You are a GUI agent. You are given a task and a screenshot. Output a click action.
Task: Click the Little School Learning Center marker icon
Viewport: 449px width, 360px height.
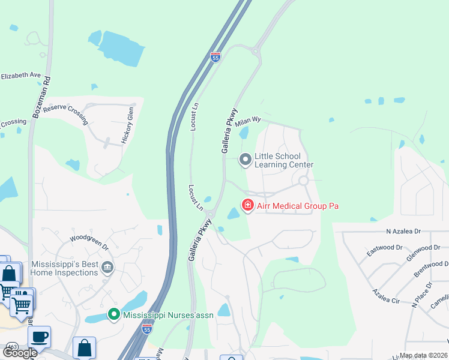point(246,160)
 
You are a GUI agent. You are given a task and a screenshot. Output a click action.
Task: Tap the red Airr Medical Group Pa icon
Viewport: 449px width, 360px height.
point(247,206)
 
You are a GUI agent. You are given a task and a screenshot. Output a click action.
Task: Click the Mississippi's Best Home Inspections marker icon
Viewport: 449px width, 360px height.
point(107,267)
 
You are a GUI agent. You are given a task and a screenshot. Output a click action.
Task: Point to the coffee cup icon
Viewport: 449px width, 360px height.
point(40,337)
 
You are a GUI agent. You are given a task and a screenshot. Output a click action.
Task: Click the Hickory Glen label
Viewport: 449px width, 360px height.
point(126,125)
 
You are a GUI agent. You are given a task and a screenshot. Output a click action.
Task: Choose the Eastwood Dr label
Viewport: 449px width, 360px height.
point(385,247)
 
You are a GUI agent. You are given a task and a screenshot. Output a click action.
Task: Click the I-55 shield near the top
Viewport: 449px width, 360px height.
point(216,57)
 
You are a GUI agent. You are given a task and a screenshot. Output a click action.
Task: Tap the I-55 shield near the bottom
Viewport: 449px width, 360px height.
point(147,329)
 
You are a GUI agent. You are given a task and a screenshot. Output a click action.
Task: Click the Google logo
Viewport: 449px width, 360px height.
point(20,353)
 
